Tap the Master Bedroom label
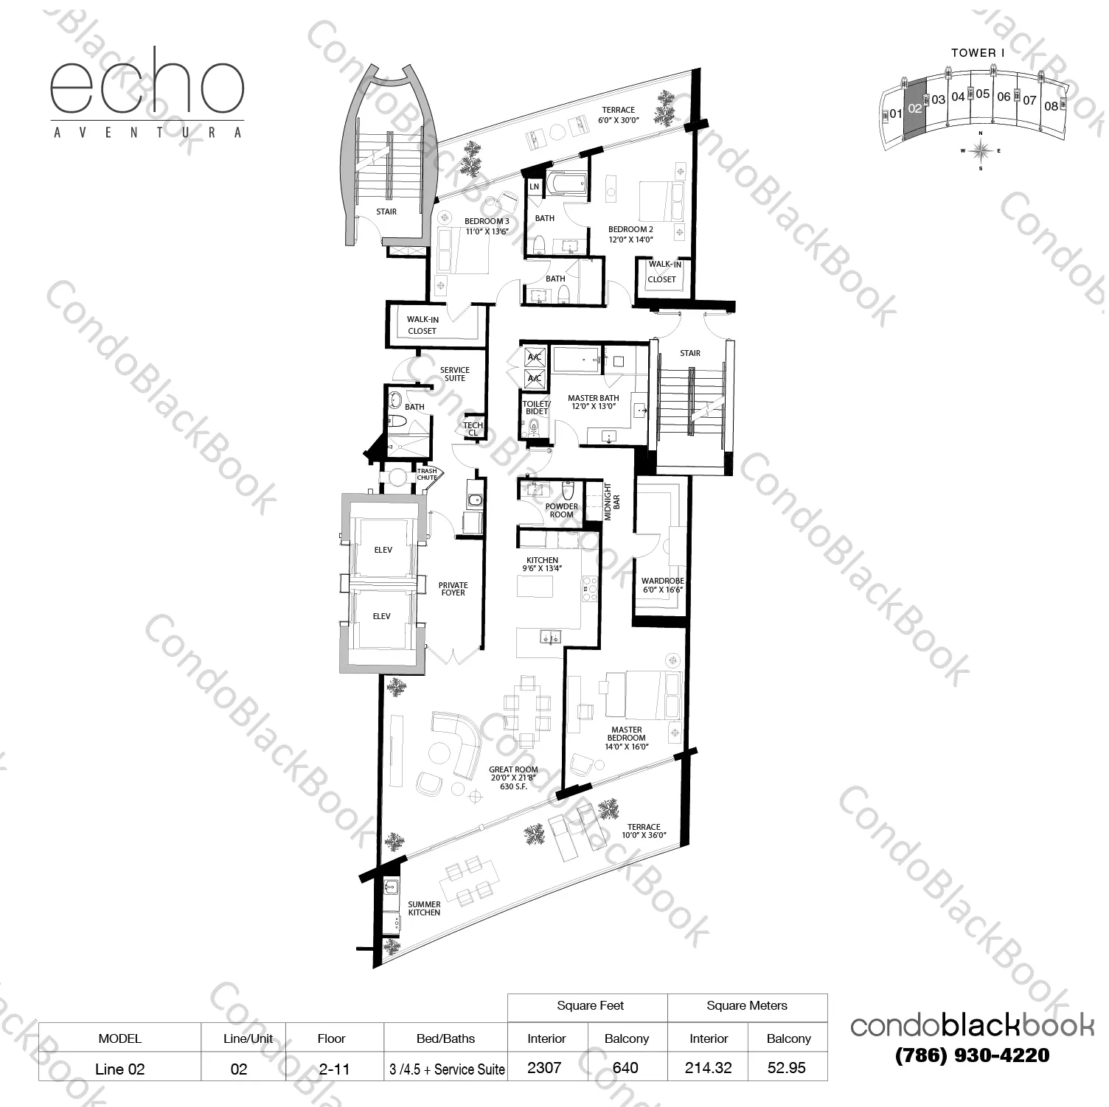click(x=627, y=738)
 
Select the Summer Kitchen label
click(x=424, y=908)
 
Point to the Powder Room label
click(x=562, y=510)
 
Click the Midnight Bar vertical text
click(x=612, y=502)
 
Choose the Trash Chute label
click(x=427, y=474)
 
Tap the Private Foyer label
click(x=453, y=589)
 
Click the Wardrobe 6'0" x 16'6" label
click(x=662, y=585)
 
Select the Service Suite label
click(x=455, y=374)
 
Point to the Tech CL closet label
click(x=473, y=428)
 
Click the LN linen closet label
click(x=534, y=187)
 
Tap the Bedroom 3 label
click(x=487, y=226)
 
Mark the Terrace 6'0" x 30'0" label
click(x=618, y=114)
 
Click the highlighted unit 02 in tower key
click(x=914, y=108)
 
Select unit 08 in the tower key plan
click(x=1051, y=106)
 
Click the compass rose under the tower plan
click(x=980, y=150)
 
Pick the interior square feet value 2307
click(x=544, y=1068)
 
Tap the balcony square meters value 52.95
click(x=787, y=1068)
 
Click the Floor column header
click(x=331, y=1038)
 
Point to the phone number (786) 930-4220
click(x=972, y=1055)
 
